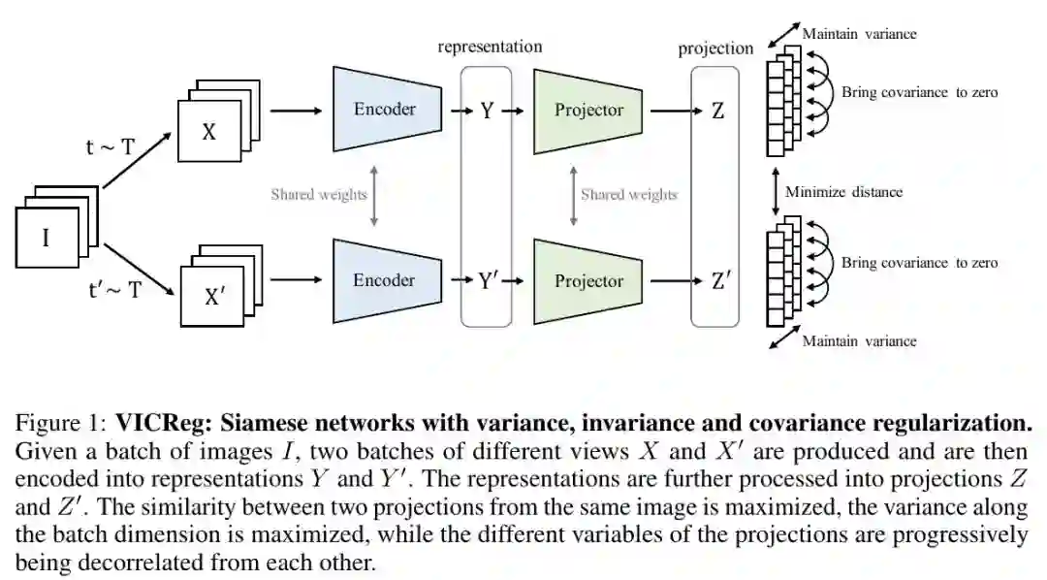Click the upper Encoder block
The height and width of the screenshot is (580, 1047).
click(x=384, y=109)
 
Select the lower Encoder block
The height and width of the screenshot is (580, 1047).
click(x=384, y=280)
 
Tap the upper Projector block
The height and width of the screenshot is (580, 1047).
click(x=588, y=110)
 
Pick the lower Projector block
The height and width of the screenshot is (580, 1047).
click(x=588, y=281)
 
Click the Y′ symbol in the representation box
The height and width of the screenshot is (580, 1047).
click(x=489, y=281)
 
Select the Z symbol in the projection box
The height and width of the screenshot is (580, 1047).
click(x=717, y=111)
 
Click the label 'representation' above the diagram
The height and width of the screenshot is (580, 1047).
click(x=490, y=46)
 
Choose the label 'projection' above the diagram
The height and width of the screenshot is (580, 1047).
click(x=715, y=48)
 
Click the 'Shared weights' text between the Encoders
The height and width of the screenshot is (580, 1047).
click(x=319, y=195)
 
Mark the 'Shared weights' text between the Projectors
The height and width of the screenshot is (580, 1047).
click(x=629, y=195)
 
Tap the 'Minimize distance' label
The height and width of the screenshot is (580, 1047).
click(x=843, y=192)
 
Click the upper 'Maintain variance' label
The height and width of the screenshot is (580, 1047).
click(x=859, y=34)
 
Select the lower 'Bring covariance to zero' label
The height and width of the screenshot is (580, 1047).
click(x=919, y=263)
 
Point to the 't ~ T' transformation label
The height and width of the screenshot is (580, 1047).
click(x=111, y=147)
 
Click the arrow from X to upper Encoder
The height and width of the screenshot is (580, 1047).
click(x=296, y=111)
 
